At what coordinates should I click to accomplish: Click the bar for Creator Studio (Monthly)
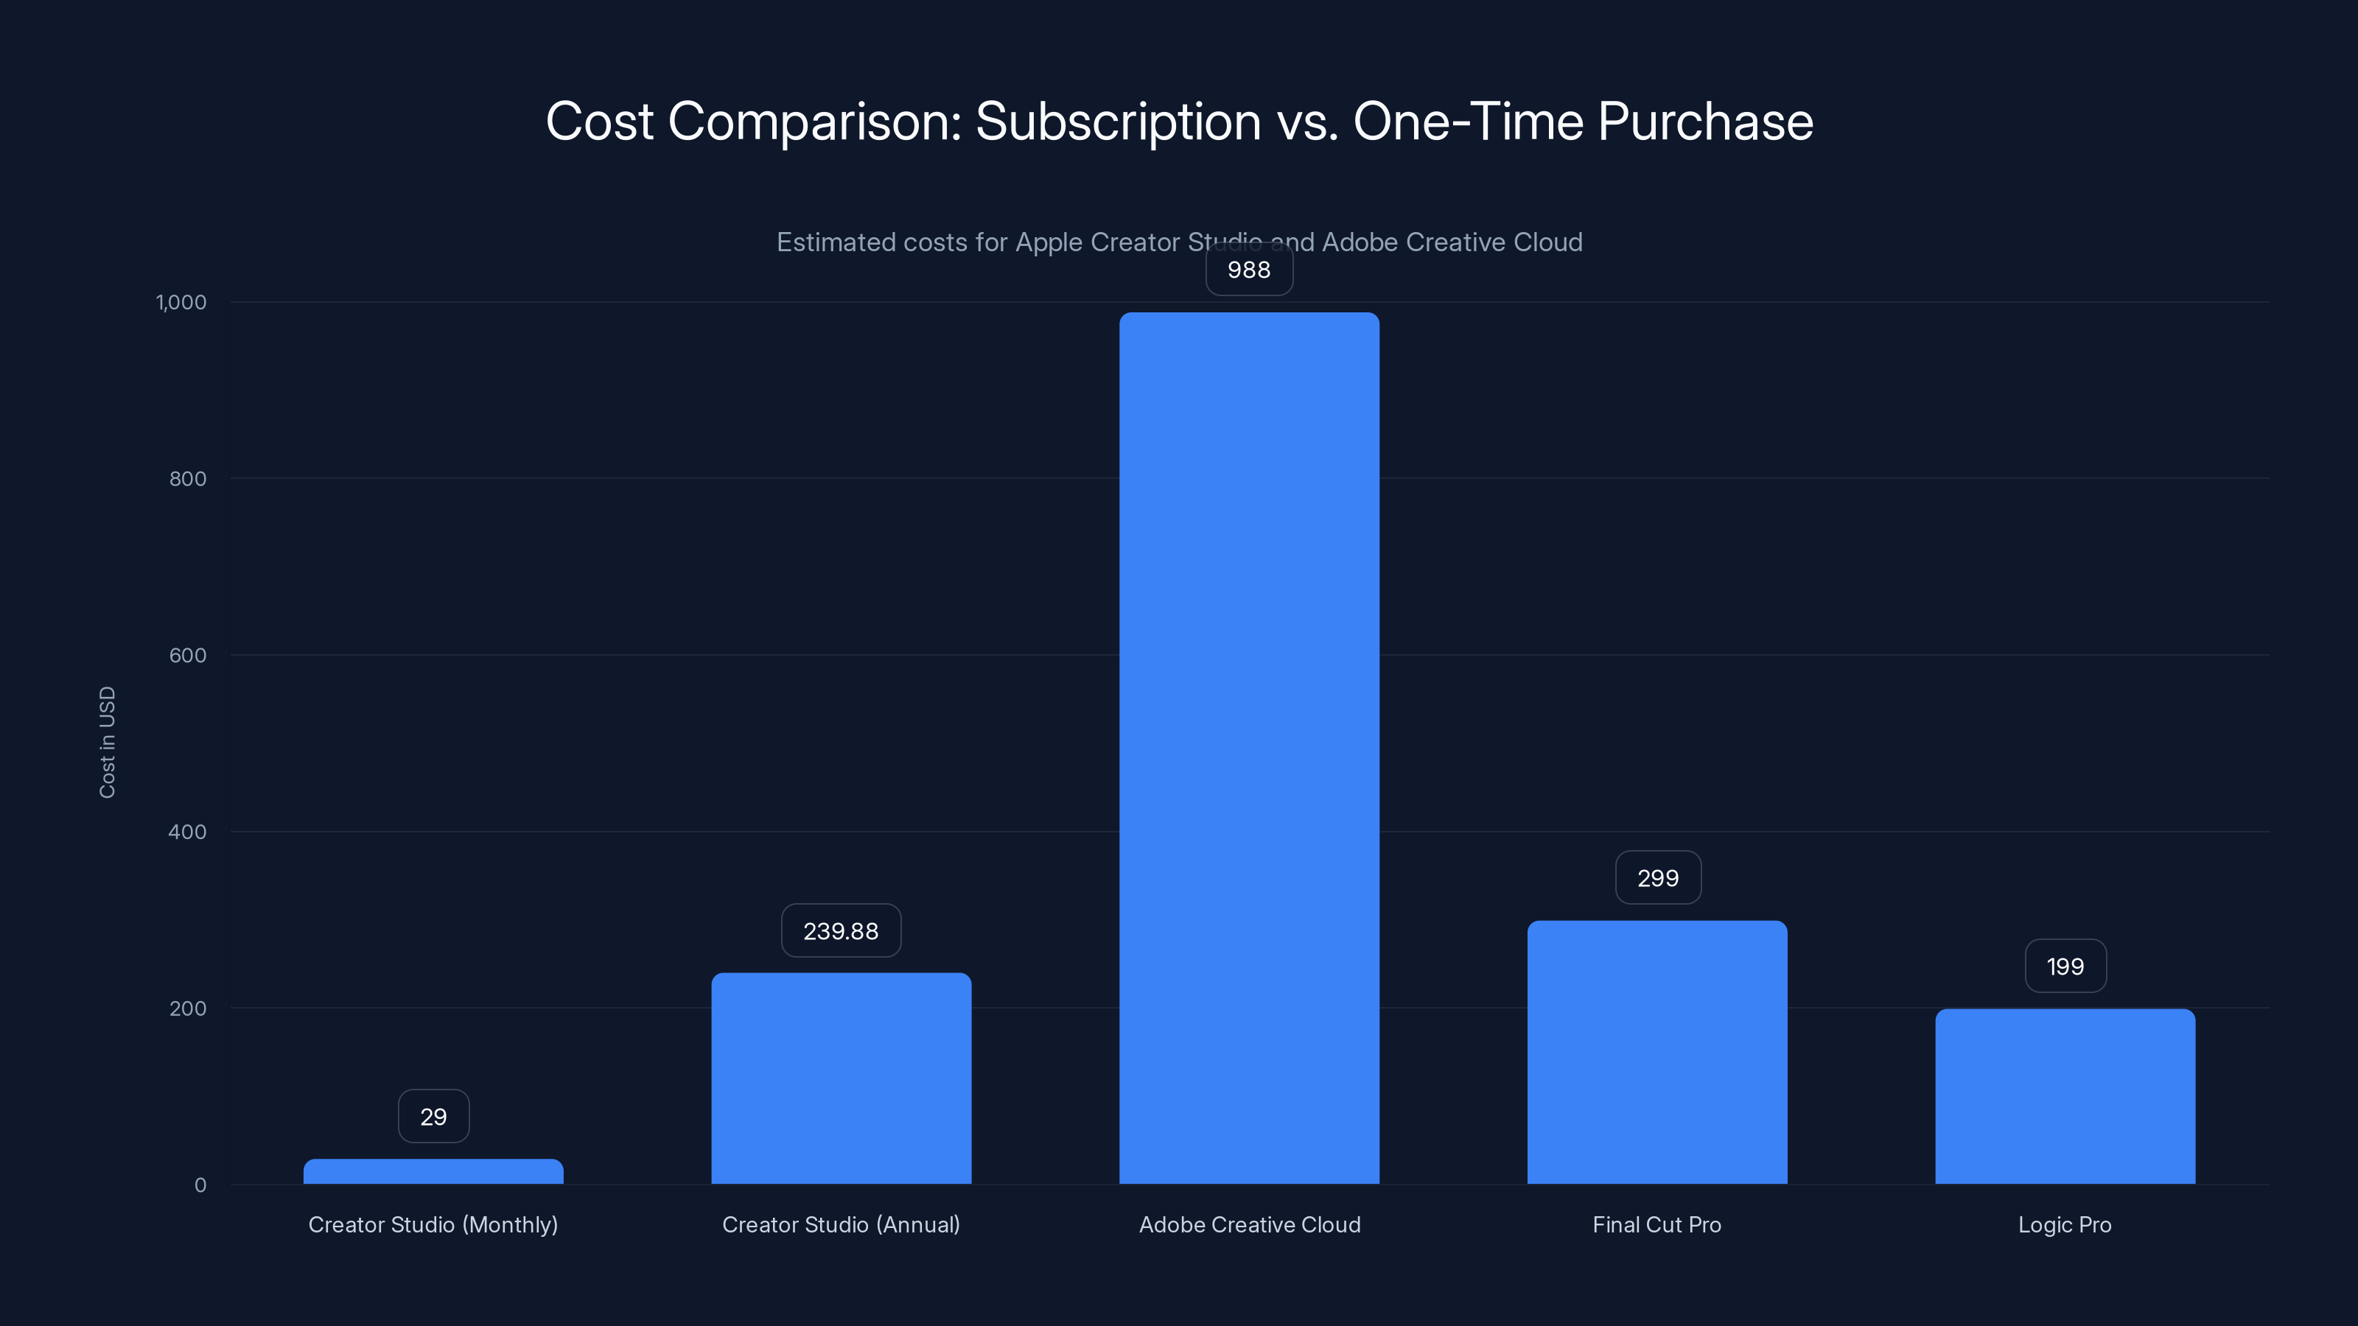[x=433, y=1171]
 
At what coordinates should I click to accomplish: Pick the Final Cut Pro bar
[x=1656, y=1053]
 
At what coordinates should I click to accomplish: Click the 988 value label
[x=1248, y=270]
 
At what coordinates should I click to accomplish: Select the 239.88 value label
[x=840, y=930]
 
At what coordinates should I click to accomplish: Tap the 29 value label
[x=433, y=1117]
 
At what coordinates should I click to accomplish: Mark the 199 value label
[x=2065, y=967]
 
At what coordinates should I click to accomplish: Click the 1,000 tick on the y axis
[x=181, y=302]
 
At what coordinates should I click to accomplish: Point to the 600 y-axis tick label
[x=188, y=655]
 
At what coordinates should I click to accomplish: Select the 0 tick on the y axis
[x=200, y=1185]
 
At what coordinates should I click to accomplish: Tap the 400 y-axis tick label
[x=188, y=832]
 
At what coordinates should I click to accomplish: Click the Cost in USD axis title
[x=107, y=742]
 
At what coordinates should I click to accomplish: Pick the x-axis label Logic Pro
[x=2064, y=1224]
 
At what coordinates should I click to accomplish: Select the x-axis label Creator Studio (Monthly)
[x=433, y=1224]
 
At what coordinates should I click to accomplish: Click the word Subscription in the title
[x=1118, y=122]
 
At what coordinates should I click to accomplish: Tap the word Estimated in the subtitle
[x=835, y=242]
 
